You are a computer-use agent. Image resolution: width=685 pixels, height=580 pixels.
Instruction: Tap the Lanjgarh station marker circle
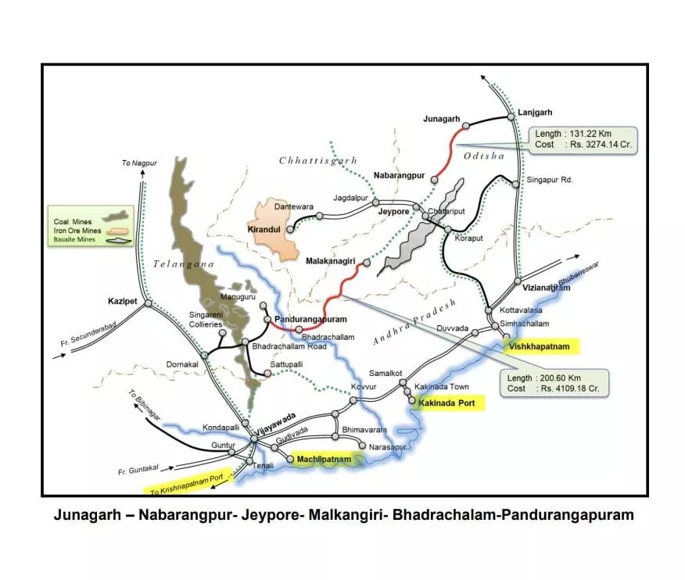[x=511, y=116]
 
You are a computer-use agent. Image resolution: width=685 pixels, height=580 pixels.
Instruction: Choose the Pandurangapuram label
[x=311, y=320]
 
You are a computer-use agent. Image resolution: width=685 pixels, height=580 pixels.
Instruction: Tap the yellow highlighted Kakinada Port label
[x=451, y=403]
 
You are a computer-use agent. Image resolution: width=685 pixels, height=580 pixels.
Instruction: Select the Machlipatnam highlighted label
[x=324, y=460]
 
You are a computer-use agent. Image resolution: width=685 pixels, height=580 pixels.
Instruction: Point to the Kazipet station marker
[x=148, y=303]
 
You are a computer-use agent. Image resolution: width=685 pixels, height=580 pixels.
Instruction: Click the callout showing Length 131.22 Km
[x=583, y=139]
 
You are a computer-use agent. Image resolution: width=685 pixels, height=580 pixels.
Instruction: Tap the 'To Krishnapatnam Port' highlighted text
[x=188, y=483]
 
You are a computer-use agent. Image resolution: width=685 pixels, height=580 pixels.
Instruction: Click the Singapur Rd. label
[x=551, y=180]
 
